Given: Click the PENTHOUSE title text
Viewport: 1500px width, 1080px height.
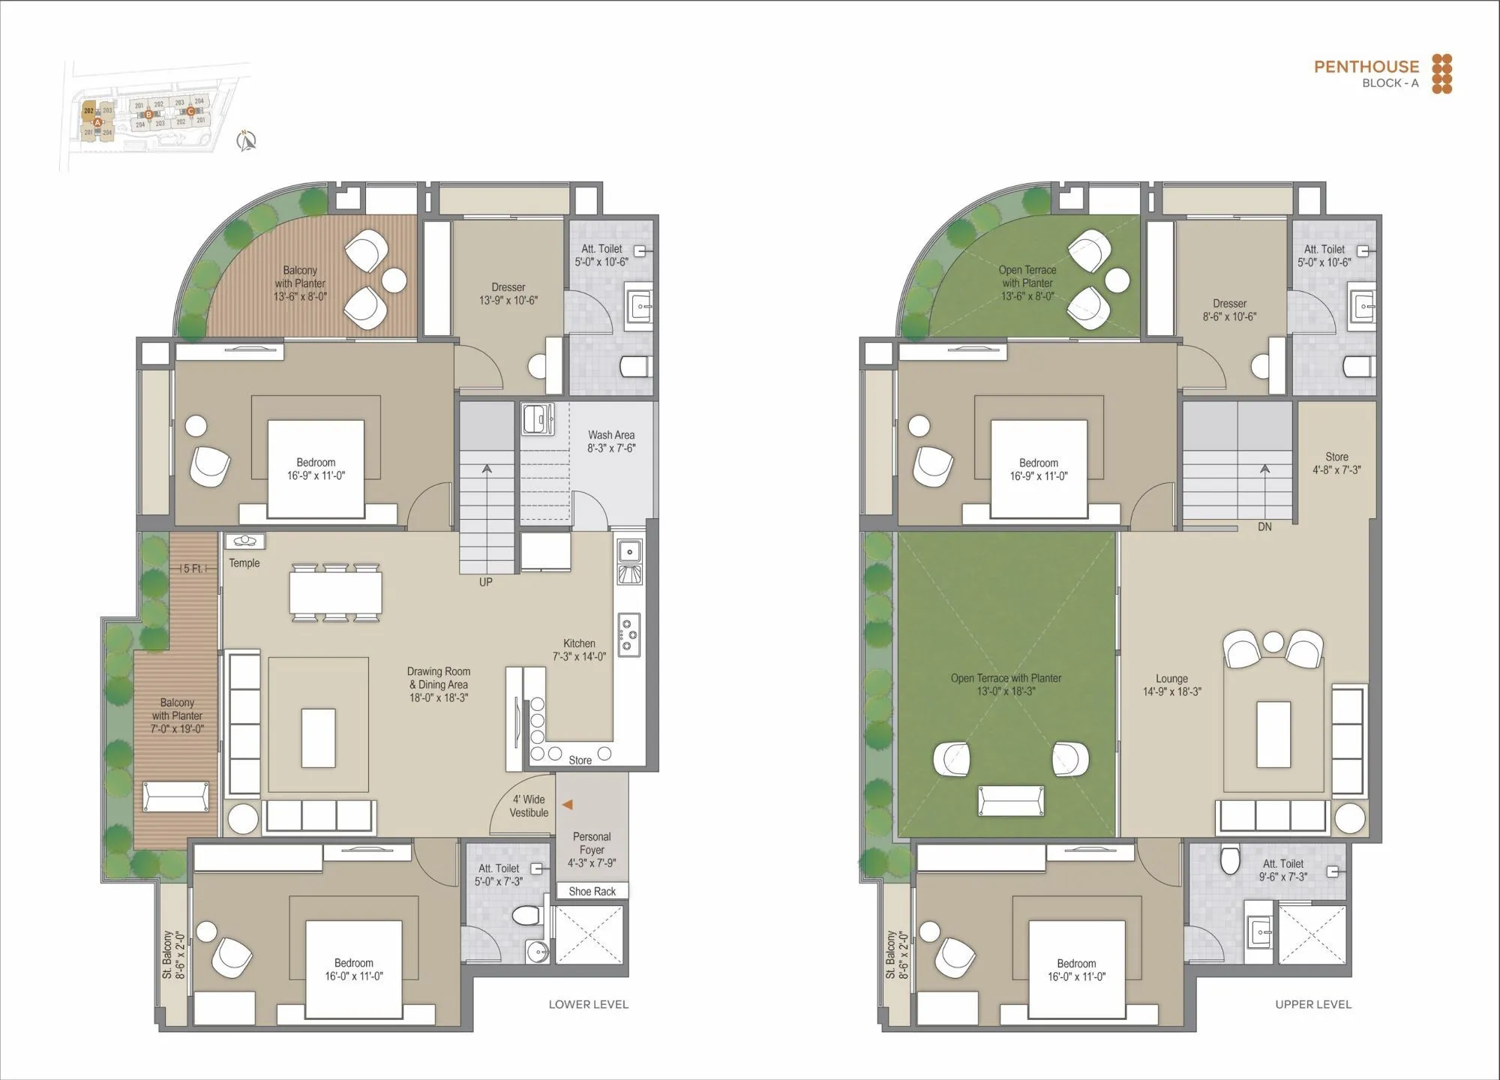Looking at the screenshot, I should [1366, 67].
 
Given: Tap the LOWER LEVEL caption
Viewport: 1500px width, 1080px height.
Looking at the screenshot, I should [588, 1004].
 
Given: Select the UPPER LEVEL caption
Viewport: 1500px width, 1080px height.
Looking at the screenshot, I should [1313, 1004].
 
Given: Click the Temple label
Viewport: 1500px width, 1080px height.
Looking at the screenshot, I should [244, 563].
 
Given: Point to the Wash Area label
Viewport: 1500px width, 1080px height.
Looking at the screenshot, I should [611, 441].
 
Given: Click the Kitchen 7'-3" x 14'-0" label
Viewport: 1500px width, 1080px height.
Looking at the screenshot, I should [579, 649].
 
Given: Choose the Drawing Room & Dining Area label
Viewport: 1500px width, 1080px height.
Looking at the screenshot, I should [439, 684].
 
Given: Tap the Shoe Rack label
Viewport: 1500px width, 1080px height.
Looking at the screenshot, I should [592, 891].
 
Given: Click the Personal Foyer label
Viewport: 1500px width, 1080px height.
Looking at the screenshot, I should [592, 850].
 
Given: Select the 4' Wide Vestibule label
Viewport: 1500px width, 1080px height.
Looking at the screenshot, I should [529, 806].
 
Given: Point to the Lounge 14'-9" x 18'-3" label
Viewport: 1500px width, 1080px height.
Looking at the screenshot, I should [1171, 685].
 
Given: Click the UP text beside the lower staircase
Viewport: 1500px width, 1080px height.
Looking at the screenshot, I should [486, 582].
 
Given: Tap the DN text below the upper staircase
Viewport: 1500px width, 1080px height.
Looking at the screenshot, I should [1264, 527].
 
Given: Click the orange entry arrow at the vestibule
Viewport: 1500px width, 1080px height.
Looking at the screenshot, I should [568, 805].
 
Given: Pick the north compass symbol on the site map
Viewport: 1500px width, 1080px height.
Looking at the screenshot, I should [247, 140].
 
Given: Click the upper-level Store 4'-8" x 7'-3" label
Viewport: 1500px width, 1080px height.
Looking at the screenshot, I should [1336, 463].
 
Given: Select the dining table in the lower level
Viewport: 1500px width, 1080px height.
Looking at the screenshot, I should [335, 592].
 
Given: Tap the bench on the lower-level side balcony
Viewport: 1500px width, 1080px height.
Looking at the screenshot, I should [175, 796].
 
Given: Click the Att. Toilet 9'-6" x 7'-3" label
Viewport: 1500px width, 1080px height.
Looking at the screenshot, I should [1282, 870].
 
